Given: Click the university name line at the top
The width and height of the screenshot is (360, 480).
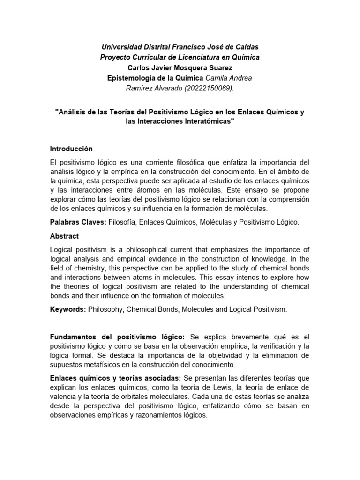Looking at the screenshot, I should [x=180, y=47].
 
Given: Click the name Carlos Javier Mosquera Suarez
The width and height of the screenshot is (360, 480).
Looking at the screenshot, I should [x=180, y=67].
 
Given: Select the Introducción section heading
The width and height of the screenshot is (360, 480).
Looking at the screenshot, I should [x=71, y=149].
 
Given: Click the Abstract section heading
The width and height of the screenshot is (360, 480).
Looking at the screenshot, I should [x=64, y=236].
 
